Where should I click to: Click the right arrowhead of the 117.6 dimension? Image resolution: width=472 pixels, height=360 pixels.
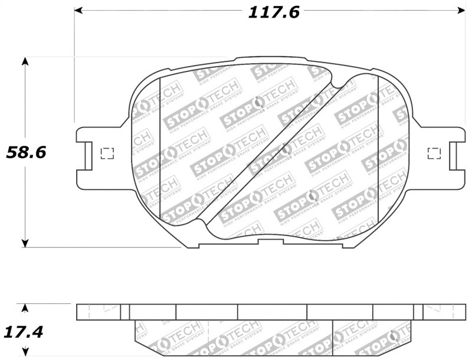[461, 11]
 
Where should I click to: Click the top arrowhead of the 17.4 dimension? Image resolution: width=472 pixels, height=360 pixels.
[25, 307]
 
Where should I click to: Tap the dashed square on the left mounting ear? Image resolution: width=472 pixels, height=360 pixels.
[107, 153]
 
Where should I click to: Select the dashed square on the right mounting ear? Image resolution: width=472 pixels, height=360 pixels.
[434, 153]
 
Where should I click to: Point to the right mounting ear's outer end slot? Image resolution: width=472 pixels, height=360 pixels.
[455, 155]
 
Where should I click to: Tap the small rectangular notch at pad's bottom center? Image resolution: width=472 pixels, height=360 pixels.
[271, 241]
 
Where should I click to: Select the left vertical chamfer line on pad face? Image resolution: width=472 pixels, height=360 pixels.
[160, 148]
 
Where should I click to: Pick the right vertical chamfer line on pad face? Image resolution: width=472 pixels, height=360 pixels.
[378, 148]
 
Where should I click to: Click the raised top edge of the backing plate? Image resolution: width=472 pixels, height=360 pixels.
[271, 58]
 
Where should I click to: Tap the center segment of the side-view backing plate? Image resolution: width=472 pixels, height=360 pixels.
[272, 312]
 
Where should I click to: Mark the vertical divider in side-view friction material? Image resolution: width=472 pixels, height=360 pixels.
[333, 336]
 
